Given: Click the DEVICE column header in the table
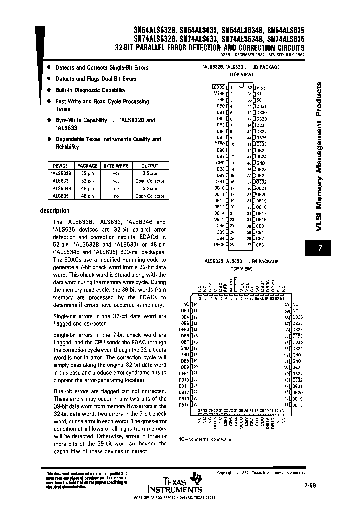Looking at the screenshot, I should (61, 166).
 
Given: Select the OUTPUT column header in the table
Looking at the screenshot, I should (149, 166).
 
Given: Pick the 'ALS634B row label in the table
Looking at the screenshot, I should (61, 188).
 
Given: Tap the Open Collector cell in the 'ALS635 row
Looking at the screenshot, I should (149, 196).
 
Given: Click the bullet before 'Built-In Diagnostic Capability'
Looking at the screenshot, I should (49, 90).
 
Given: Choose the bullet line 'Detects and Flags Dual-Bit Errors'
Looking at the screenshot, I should (95, 79).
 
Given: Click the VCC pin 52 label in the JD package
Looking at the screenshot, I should (260, 87).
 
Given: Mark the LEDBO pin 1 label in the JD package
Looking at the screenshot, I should (219, 87).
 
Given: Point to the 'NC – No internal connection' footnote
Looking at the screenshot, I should (205, 439).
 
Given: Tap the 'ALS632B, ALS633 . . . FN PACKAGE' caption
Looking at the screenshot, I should (241, 261).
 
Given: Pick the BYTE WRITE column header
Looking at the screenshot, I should (116, 166).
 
